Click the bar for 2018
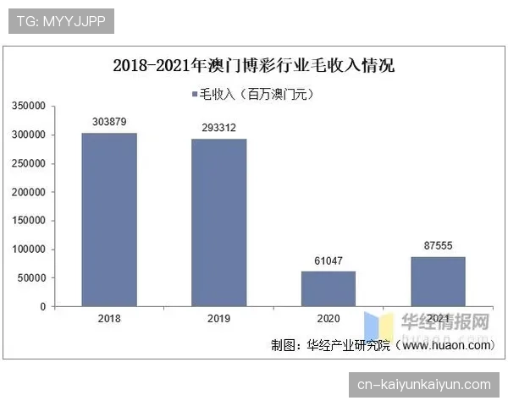pyautogui.click(x=109, y=220)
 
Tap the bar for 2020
pyautogui.click(x=329, y=288)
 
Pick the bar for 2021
pyautogui.click(x=438, y=281)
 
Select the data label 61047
pyautogui.click(x=329, y=261)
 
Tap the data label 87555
pyautogui.click(x=438, y=245)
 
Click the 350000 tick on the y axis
pyautogui.click(x=29, y=107)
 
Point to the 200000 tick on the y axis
pyautogui.click(x=29, y=192)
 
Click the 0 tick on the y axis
pyautogui.click(x=42, y=307)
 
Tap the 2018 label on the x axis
pyautogui.click(x=109, y=319)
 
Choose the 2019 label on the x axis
pyautogui.click(x=218, y=319)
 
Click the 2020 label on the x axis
pyautogui.click(x=329, y=319)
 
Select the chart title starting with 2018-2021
pyautogui.click(x=254, y=66)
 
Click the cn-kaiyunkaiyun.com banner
pyautogui.click(x=423, y=385)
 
